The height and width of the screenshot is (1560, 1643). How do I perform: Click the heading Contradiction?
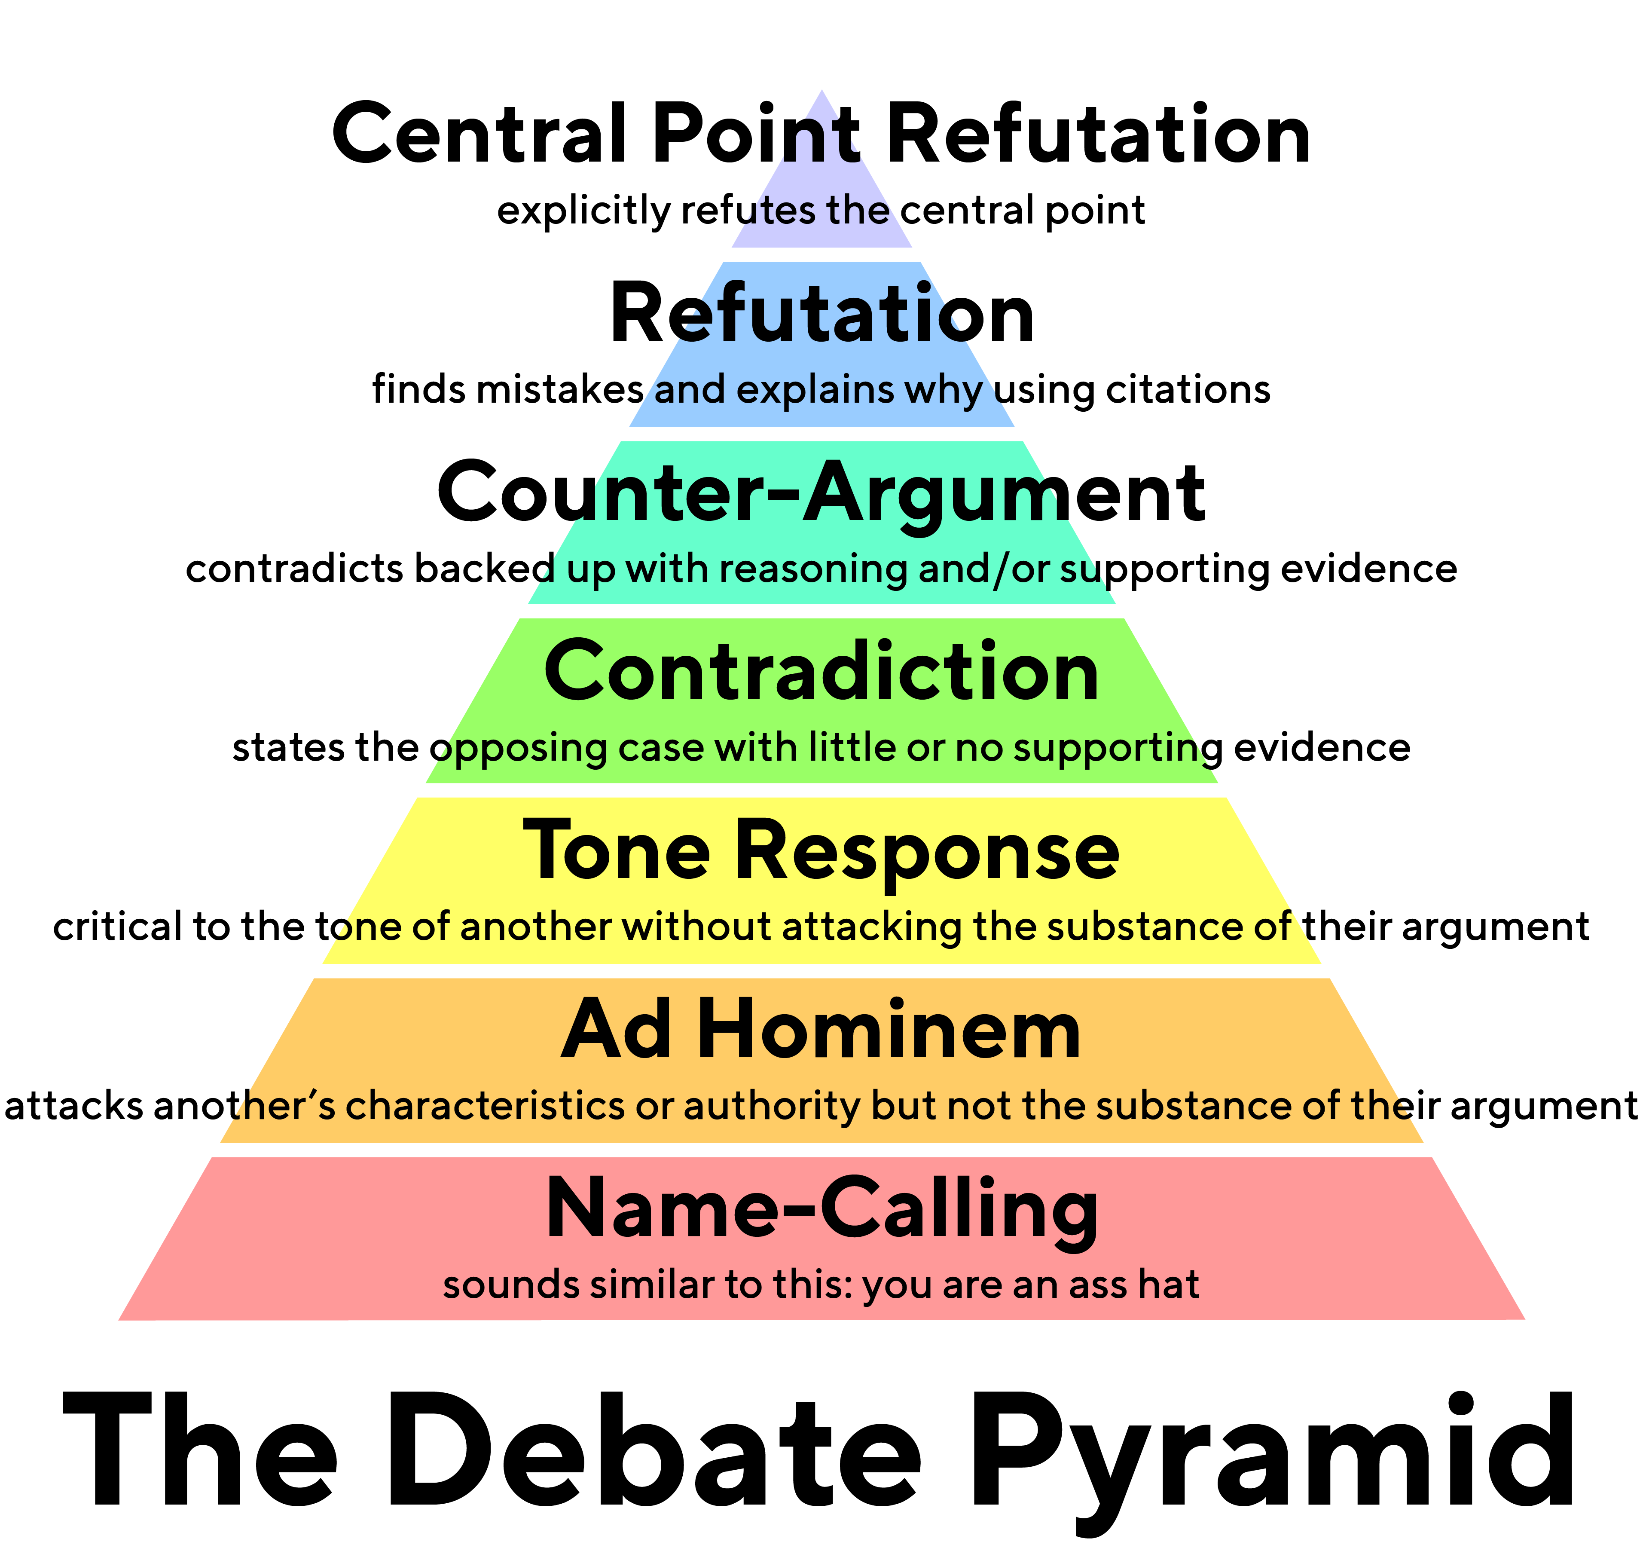point(821,671)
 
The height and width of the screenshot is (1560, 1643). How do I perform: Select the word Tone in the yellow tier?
point(616,850)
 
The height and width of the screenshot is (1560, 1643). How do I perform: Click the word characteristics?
point(485,1106)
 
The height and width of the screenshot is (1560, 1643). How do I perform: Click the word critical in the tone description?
point(117,927)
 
